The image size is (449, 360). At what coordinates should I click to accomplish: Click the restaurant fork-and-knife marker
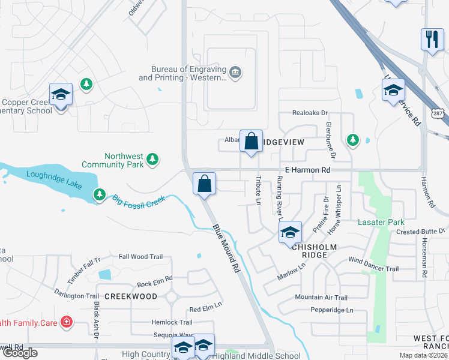coord(432,40)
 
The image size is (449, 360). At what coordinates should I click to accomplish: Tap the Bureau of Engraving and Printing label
coord(184,74)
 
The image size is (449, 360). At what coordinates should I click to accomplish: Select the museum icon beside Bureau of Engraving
coord(235,73)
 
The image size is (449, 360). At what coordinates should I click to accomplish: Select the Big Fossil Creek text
coord(138,200)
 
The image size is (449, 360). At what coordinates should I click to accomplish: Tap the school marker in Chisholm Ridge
coord(290,232)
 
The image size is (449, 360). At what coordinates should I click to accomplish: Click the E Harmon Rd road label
coord(307,170)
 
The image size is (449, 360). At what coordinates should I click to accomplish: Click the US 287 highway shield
coord(438,114)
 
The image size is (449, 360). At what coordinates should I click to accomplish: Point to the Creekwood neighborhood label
coord(131,296)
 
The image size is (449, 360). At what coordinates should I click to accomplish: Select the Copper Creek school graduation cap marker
coord(61,94)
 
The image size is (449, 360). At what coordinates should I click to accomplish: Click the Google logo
coord(20,352)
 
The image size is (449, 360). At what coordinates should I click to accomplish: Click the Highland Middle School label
coord(258,355)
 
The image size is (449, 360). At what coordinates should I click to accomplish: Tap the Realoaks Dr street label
coord(310,113)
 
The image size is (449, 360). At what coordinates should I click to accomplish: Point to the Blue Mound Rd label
coord(226,249)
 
